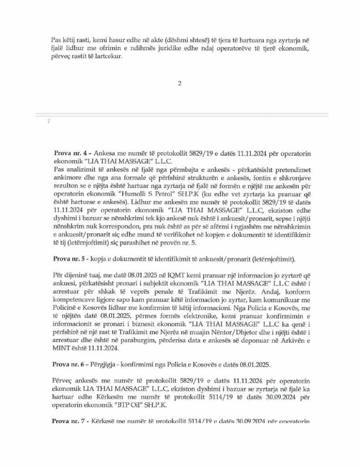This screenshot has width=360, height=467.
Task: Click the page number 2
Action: click(179, 83)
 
